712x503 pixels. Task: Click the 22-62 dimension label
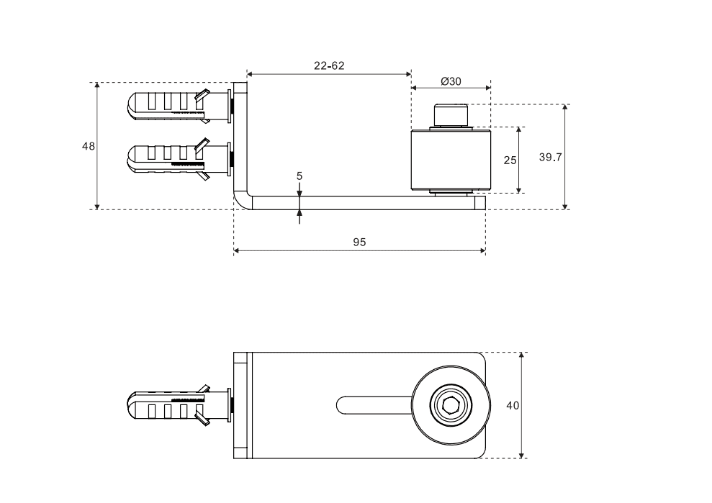coord(329,65)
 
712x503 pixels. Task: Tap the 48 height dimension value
coord(89,145)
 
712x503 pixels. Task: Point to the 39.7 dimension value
coord(550,158)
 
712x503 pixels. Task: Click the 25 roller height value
coord(510,160)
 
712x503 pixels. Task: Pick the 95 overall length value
coord(359,243)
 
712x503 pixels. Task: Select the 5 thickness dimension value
coord(299,175)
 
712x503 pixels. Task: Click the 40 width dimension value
coord(513,405)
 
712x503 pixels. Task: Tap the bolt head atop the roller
coord(451,115)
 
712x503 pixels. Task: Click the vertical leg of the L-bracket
coord(240,137)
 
